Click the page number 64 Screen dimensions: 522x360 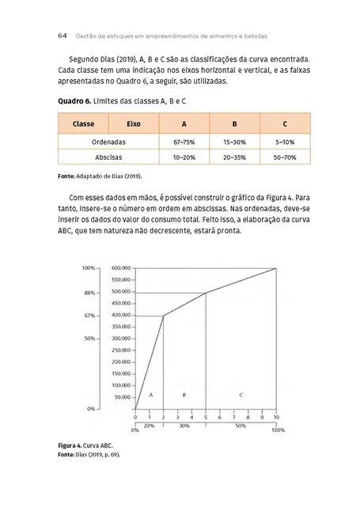click(62, 36)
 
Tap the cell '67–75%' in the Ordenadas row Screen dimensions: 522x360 click(184, 142)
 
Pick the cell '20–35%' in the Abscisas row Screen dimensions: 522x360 click(234, 158)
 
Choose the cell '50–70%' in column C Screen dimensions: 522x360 click(284, 158)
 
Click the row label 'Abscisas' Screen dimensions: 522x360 click(108, 158)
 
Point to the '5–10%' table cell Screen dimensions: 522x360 click(284, 142)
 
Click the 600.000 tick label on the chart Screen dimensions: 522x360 click(122, 268)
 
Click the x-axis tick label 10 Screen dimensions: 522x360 click(276, 417)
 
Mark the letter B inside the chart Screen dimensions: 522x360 click(184, 393)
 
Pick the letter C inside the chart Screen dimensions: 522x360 click(241, 393)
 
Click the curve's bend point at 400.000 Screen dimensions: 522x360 click(163, 316)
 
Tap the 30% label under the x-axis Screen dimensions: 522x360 click(184, 426)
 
